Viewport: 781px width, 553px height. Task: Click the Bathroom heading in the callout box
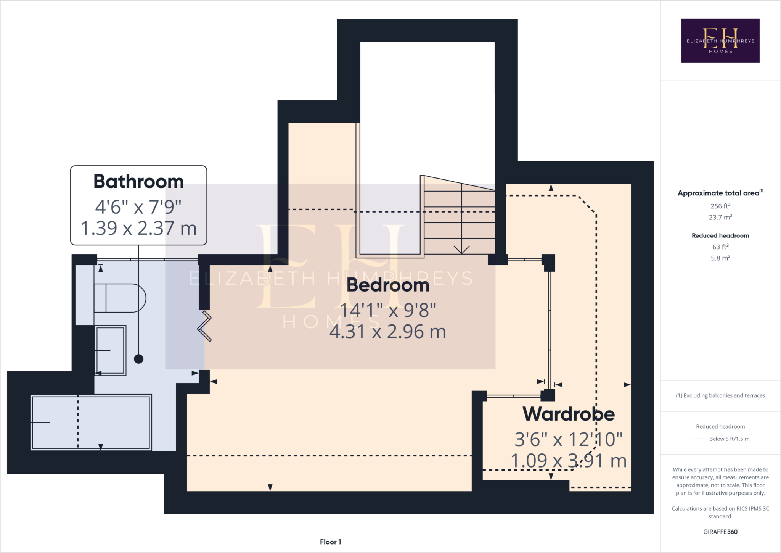138,181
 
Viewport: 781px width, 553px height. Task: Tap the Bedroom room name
387,285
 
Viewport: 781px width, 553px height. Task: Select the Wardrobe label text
568,414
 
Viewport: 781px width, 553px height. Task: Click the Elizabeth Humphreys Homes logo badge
720,40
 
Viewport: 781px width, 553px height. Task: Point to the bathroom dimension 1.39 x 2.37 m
138,228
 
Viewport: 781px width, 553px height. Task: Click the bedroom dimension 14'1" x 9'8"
387,310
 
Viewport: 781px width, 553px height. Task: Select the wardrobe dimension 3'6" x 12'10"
568,439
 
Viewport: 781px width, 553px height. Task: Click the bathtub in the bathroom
91,422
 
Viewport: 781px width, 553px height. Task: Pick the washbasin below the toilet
111,350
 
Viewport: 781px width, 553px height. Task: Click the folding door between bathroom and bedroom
205,326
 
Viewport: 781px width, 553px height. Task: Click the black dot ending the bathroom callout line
138,359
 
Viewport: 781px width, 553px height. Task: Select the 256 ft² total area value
720,206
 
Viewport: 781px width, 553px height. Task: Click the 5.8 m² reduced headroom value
720,258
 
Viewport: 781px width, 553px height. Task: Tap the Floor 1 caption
330,542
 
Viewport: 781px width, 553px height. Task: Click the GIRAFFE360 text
720,532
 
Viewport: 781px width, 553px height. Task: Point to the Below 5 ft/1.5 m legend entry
729,439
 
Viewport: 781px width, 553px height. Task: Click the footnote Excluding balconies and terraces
720,395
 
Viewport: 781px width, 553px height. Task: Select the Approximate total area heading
718,193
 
